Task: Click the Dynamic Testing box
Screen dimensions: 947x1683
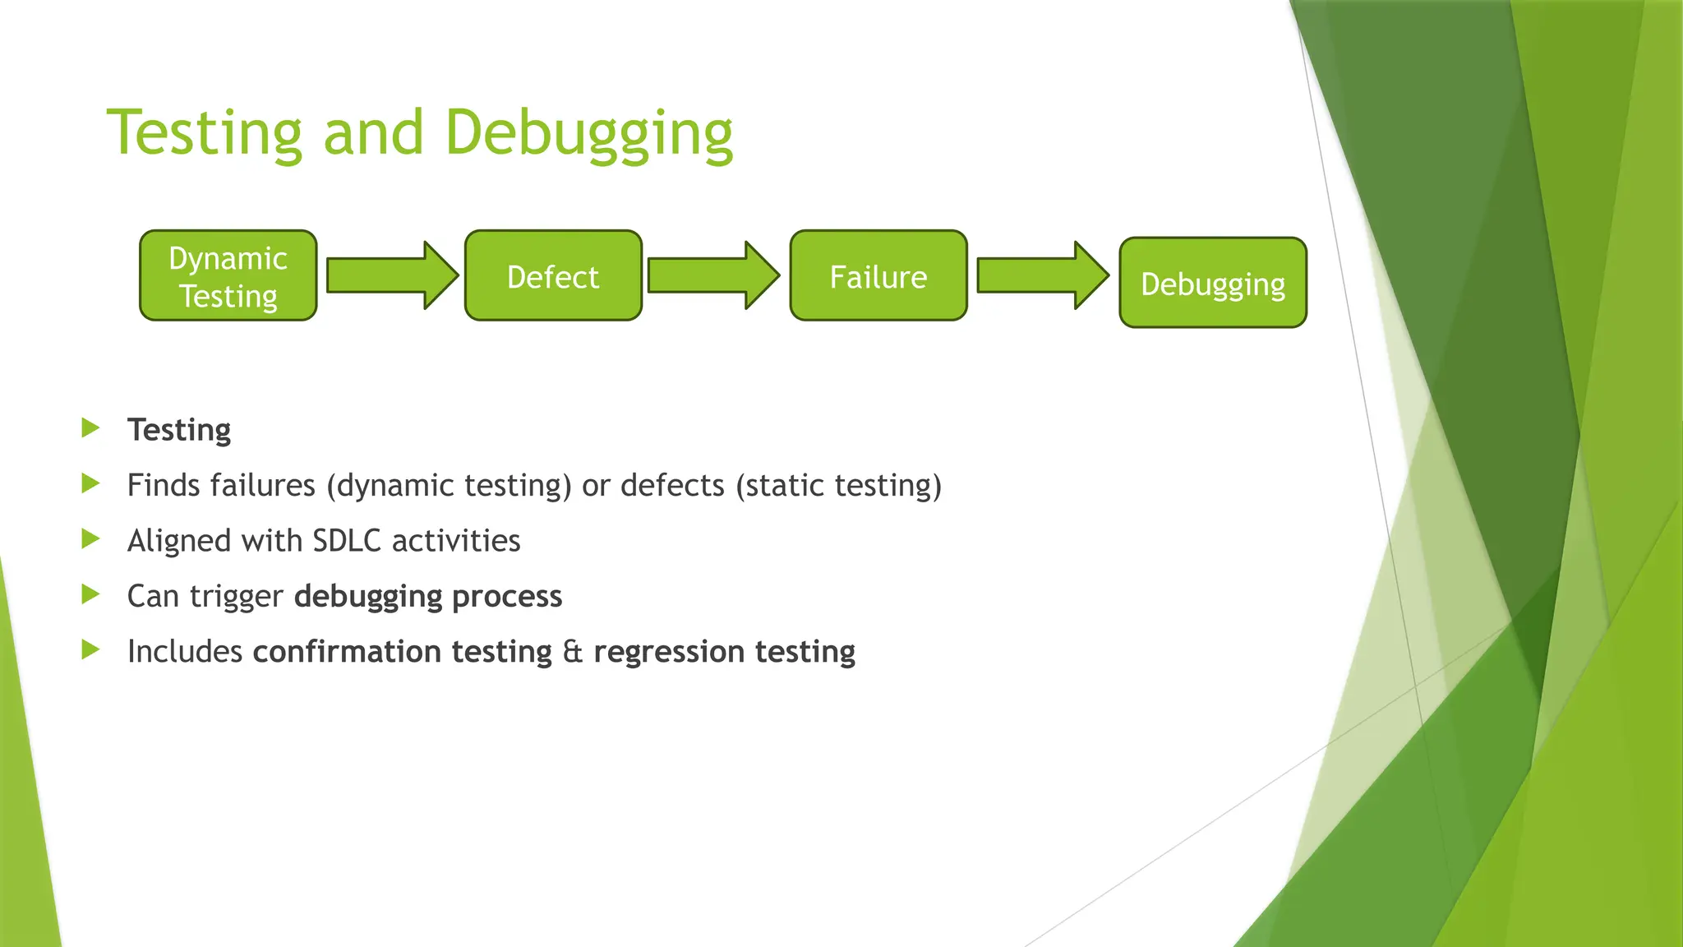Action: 228,276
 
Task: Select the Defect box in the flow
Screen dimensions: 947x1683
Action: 553,276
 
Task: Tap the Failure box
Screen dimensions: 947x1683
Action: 878,276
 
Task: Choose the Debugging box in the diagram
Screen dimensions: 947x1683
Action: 1212,284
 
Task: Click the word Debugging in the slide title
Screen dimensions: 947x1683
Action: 588,133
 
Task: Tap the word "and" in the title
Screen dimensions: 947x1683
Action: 373,133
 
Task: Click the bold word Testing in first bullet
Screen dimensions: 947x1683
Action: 179,430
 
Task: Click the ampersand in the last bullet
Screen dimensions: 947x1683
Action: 573,652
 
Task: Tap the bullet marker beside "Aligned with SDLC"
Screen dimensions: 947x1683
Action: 90,539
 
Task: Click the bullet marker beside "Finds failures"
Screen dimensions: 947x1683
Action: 90,483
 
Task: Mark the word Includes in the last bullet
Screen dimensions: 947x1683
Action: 185,652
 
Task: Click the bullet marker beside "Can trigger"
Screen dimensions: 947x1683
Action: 90,594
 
